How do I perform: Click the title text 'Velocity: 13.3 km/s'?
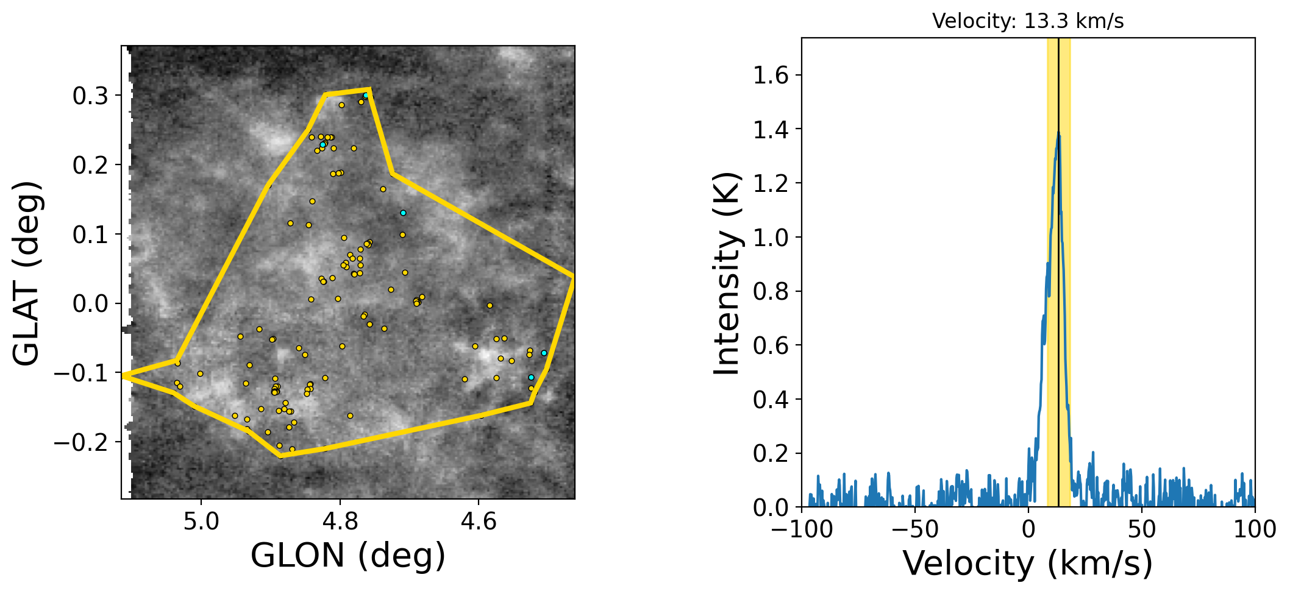coord(1027,21)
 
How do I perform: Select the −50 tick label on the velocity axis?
coord(914,529)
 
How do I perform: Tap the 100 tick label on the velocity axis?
coord(1255,529)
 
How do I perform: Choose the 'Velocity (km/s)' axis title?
coord(1027,563)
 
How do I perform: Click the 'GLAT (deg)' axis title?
coord(27,273)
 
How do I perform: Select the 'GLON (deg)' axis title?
coord(348,556)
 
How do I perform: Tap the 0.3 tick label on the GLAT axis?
coord(90,96)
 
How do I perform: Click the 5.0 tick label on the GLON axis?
coord(201,522)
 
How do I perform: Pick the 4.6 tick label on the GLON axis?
coord(479,522)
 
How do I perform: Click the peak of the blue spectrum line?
coord(1059,133)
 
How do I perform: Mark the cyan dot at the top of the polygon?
coord(366,96)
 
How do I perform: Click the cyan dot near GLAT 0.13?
coord(403,213)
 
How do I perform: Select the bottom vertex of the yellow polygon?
coord(280,456)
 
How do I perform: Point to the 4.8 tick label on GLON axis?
coord(340,522)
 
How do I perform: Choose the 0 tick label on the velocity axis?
coord(1028,529)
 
